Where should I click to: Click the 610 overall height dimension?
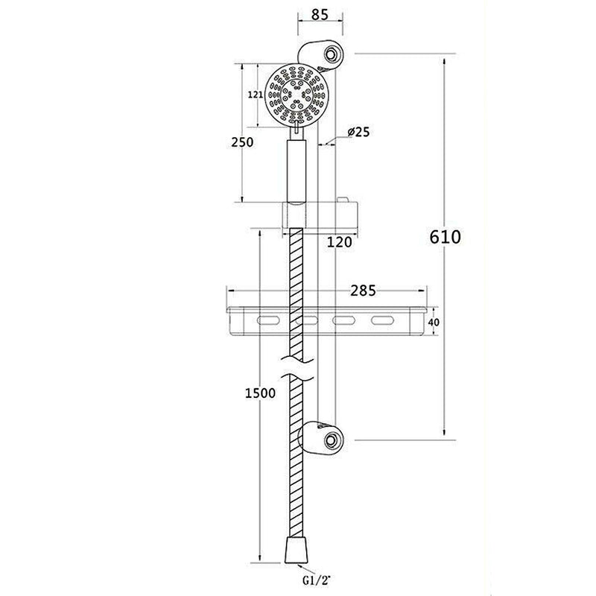coord(446,237)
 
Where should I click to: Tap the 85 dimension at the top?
coord(321,13)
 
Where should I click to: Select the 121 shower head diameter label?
coord(255,95)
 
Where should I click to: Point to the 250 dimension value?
coord(242,142)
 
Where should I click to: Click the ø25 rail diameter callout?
coord(358,132)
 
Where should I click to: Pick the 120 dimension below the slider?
coord(340,241)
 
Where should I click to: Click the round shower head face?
coord(296,95)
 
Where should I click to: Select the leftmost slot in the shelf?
coord(266,322)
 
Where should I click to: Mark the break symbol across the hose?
coord(297,371)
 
